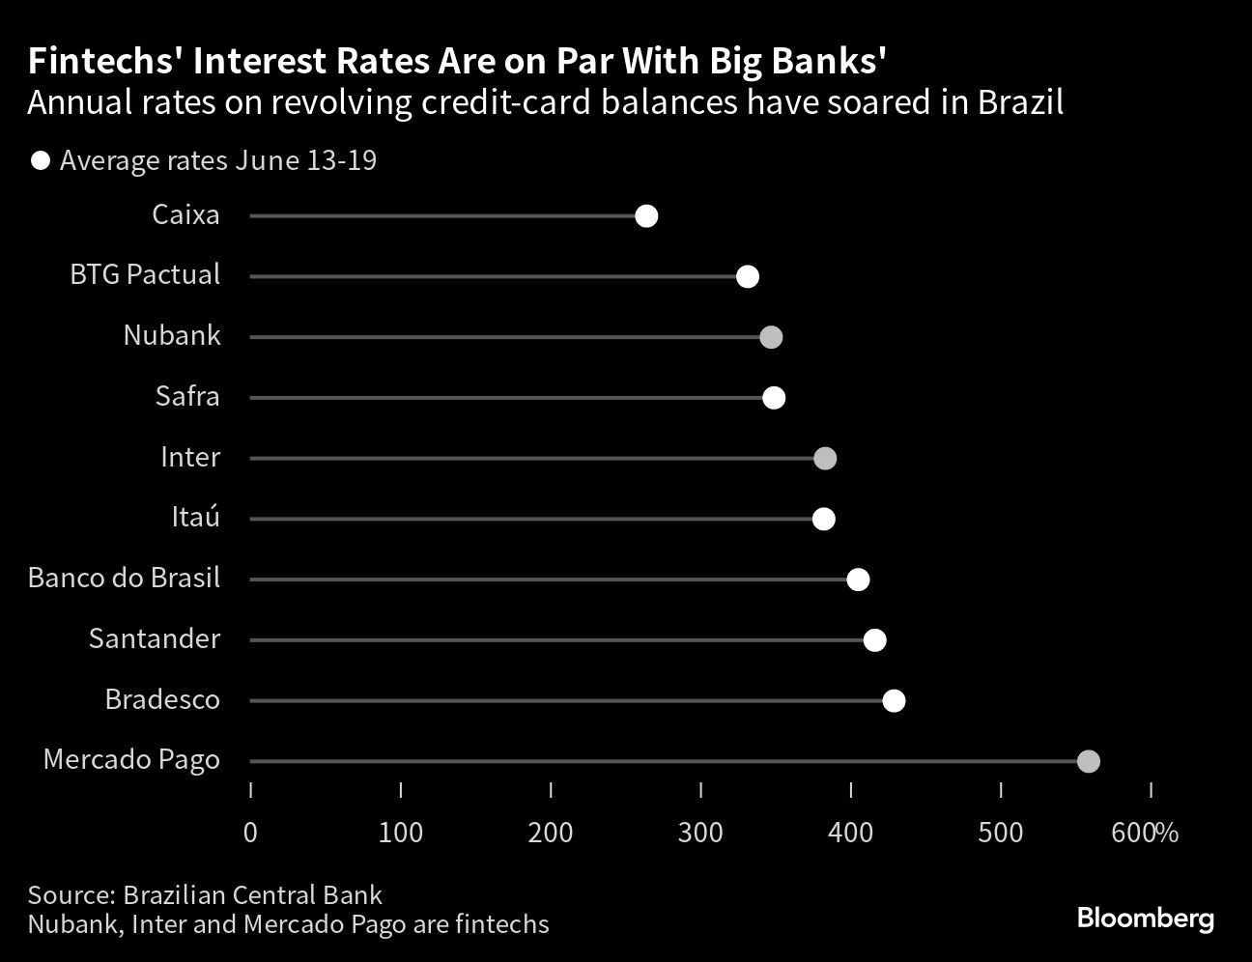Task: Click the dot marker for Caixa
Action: click(x=646, y=216)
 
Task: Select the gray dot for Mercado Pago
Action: click(x=1088, y=761)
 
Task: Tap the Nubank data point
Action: click(x=770, y=337)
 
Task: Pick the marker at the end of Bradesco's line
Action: click(x=894, y=700)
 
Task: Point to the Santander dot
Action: click(x=874, y=640)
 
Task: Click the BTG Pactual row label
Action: click(x=145, y=275)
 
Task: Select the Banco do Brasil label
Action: click(x=124, y=578)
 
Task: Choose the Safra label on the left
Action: click(x=187, y=396)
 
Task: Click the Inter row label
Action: click(x=190, y=457)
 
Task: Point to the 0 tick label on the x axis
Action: click(x=250, y=832)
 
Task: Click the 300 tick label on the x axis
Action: click(x=700, y=832)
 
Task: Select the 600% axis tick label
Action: click(x=1145, y=832)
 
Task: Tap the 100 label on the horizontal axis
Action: click(x=400, y=832)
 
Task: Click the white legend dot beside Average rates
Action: click(x=41, y=160)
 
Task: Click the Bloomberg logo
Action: click(x=1145, y=918)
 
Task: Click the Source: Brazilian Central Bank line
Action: click(x=205, y=894)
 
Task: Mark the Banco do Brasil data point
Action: click(x=858, y=580)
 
